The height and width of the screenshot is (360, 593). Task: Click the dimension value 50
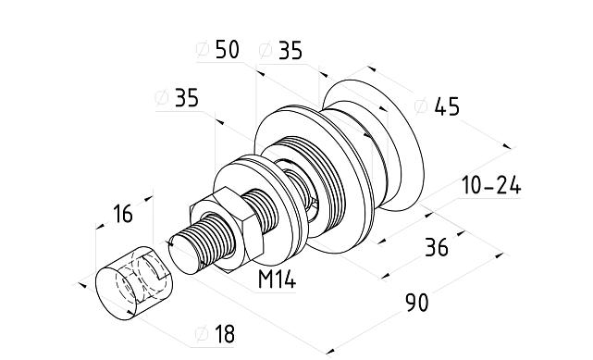[x=228, y=49]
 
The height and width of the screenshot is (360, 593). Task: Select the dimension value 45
[x=447, y=106]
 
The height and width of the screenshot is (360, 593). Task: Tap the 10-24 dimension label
[x=491, y=186]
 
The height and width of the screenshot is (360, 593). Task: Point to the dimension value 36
[x=437, y=247]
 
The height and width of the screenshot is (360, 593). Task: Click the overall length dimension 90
[x=417, y=302]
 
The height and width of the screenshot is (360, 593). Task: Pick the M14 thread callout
[x=277, y=279]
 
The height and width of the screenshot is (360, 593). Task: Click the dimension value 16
[x=123, y=214]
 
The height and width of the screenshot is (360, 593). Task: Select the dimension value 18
[x=225, y=334]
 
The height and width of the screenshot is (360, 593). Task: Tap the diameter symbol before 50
[x=203, y=49]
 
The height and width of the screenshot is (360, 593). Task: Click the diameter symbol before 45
[x=421, y=106]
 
